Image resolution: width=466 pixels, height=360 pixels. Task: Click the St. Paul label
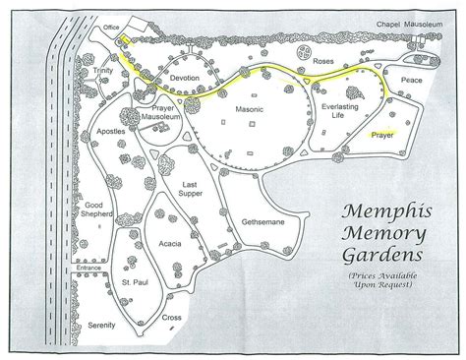pos(134,287)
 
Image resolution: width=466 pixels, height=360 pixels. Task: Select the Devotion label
pos(184,77)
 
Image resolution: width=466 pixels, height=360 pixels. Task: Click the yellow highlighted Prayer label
pos(379,138)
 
